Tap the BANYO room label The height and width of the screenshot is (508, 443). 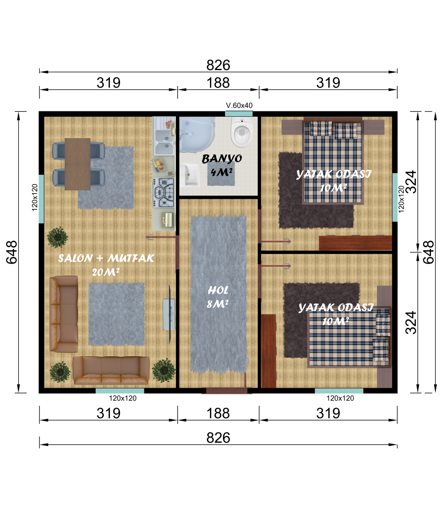(x=221, y=158)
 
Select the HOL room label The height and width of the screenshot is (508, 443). (x=218, y=290)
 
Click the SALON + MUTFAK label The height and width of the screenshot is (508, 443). (x=106, y=258)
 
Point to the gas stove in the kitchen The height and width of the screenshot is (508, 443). (x=164, y=193)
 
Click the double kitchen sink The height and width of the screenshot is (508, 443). (x=164, y=142)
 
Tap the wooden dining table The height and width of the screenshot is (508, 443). (x=78, y=164)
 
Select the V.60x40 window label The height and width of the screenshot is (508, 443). (x=239, y=105)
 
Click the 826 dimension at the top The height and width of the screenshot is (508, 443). (x=218, y=65)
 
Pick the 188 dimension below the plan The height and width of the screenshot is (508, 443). (x=218, y=413)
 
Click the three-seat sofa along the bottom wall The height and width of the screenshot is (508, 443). (x=111, y=370)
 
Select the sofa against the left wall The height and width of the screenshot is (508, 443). (x=63, y=314)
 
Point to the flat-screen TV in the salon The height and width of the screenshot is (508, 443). (x=169, y=314)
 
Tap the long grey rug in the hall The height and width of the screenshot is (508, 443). (x=218, y=294)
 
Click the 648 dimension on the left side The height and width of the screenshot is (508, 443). (x=12, y=252)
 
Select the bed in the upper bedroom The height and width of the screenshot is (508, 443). (x=333, y=162)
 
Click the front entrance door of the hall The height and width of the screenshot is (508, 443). (x=226, y=391)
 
